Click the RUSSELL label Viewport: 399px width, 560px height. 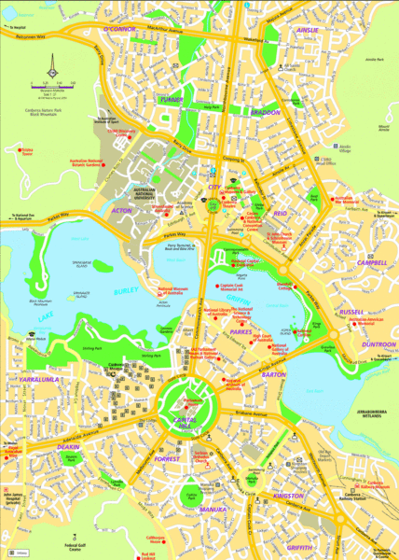(x=351, y=312)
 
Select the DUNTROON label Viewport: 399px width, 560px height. (x=378, y=344)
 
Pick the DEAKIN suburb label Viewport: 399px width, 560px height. (x=69, y=446)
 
